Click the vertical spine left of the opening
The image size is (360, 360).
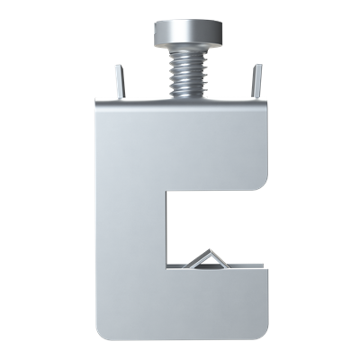130,225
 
